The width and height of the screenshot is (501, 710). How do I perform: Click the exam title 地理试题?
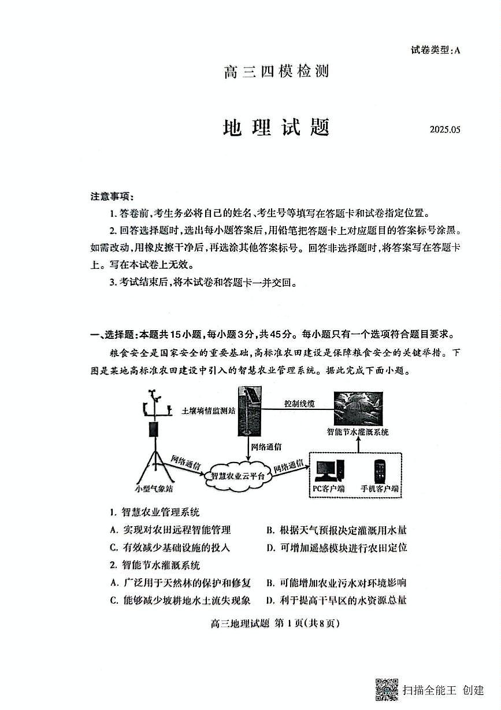(276, 128)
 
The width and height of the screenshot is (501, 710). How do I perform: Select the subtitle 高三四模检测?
(276, 71)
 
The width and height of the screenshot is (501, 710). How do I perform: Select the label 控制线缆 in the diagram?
(299, 404)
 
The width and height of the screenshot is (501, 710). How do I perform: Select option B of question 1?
(336, 530)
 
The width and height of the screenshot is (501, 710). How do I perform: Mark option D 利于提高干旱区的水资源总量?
(336, 600)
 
